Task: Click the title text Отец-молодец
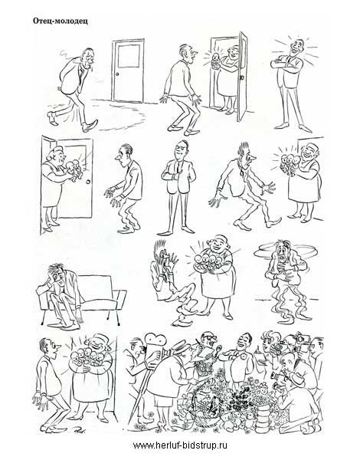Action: click(60, 21)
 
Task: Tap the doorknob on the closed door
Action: click(117, 74)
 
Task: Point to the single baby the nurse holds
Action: click(215, 60)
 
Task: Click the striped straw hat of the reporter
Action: click(180, 347)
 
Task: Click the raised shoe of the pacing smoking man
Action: click(53, 118)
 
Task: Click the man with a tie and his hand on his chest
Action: click(178, 188)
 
